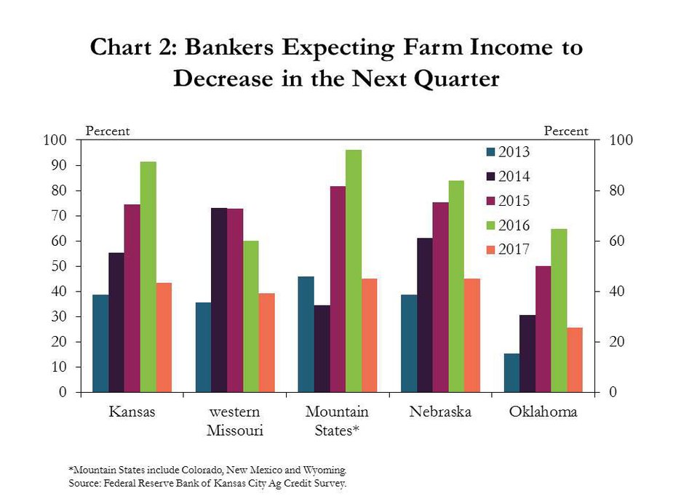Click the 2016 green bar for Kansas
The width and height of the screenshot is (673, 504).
[x=148, y=276]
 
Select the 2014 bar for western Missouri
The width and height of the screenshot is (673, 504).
[x=219, y=300]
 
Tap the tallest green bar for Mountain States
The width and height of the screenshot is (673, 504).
[x=354, y=271]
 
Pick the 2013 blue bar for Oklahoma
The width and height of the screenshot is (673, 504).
[x=511, y=373]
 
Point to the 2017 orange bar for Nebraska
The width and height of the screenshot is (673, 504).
[x=472, y=335]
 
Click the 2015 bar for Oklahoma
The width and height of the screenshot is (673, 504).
[x=543, y=329]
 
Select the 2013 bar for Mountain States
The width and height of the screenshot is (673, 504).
[x=306, y=334]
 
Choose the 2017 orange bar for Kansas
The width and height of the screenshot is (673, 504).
[x=164, y=337]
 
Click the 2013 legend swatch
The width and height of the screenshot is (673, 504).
[x=490, y=152]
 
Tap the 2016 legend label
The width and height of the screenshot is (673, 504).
[x=514, y=225]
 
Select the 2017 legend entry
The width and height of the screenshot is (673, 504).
[x=508, y=249]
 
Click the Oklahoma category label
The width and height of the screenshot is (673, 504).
[x=543, y=412]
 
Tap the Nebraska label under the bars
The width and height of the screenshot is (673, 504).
[x=440, y=412]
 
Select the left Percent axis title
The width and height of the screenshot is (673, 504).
[x=107, y=131]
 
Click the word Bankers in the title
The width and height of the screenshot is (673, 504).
[x=229, y=47]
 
